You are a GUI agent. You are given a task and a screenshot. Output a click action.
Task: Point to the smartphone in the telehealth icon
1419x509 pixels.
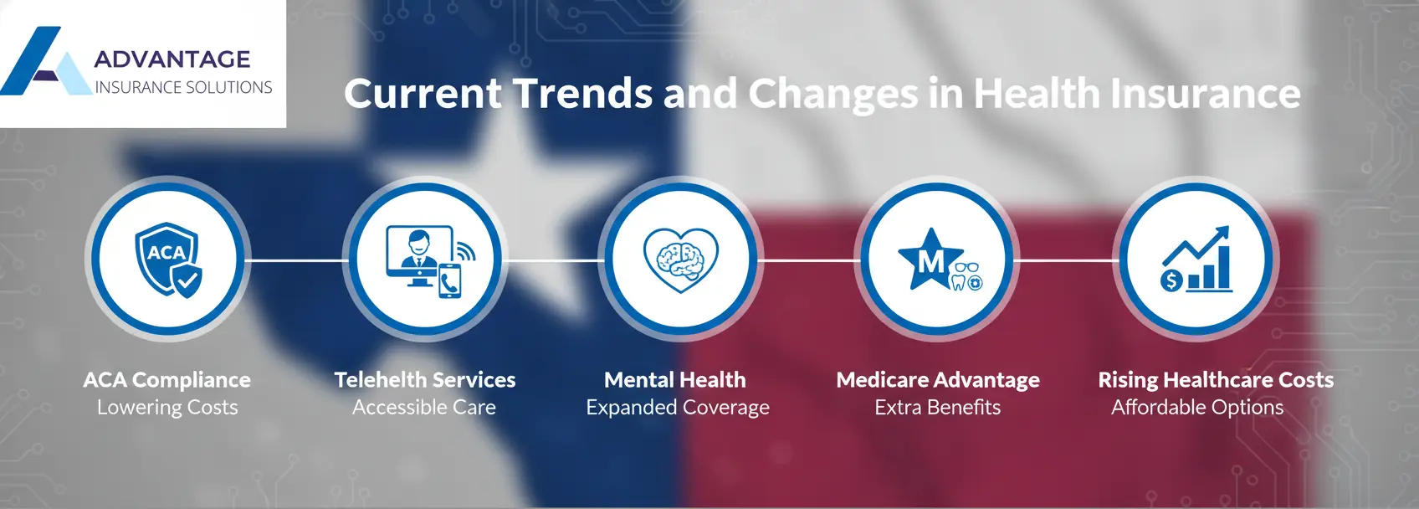tap(450, 280)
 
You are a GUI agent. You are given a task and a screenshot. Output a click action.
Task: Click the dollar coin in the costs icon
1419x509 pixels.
tap(1171, 280)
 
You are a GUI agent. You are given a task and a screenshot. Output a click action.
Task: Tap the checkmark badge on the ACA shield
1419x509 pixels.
tap(187, 280)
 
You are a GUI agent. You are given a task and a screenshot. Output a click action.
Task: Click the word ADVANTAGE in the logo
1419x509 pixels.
tap(172, 59)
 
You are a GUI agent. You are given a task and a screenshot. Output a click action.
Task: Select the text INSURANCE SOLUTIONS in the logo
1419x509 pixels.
tap(183, 87)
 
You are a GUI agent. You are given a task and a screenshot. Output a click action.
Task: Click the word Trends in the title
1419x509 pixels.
tap(582, 93)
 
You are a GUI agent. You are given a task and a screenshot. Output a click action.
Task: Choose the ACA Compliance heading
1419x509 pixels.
tap(167, 380)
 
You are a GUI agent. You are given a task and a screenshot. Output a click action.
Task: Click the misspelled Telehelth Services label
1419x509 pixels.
tap(425, 380)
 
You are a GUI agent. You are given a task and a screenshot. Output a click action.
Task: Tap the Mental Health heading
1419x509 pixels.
tap(675, 380)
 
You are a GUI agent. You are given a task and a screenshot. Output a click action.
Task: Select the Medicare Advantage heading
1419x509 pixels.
tap(938, 380)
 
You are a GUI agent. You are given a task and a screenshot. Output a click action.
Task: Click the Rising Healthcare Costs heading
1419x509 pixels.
tap(1216, 380)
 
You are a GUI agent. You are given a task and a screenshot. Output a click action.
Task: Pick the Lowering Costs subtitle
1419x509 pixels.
tap(167, 408)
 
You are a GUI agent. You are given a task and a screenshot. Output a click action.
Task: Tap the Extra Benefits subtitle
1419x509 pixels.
tap(938, 408)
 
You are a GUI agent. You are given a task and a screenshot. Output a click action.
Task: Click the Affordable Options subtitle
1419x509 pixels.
tap(1197, 408)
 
